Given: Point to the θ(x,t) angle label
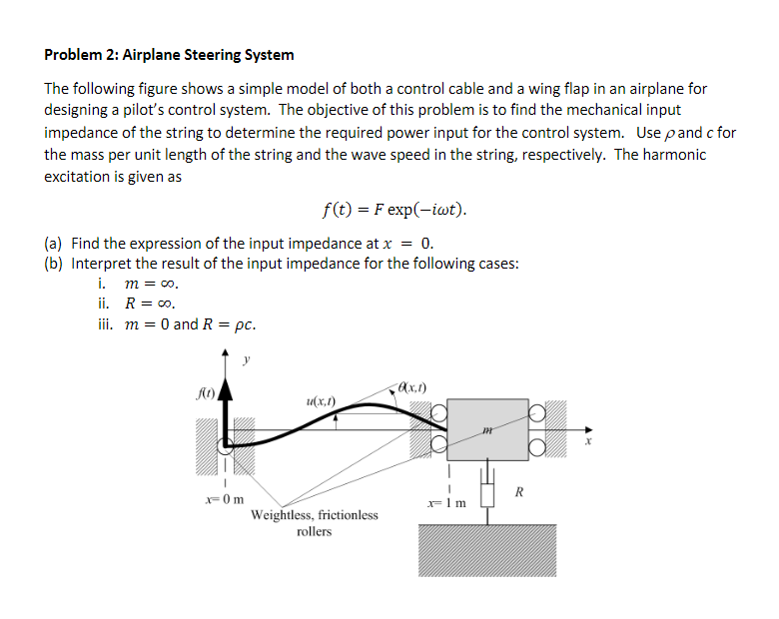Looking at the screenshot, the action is [410, 386].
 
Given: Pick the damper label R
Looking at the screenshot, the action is [517, 489].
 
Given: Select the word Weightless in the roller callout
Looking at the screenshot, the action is [284, 515].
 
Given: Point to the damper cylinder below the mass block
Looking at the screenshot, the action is [488, 493].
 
